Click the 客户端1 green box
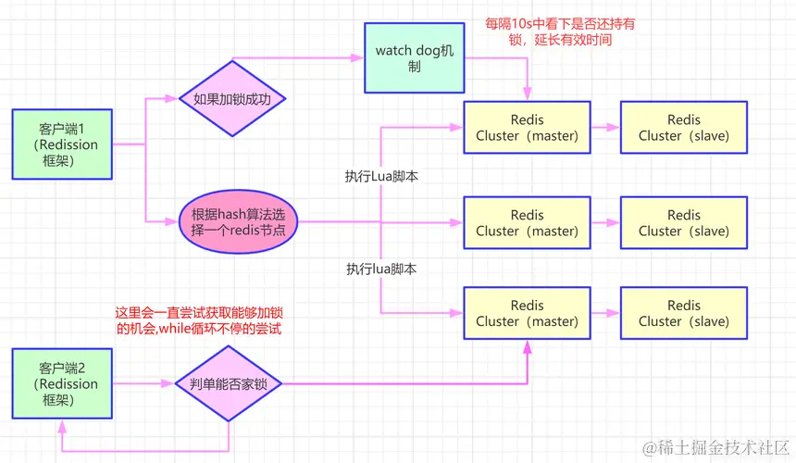click(63, 144)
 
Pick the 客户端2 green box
click(63, 383)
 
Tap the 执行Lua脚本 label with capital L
click(381, 176)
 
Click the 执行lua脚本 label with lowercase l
click(381, 269)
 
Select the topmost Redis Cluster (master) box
click(527, 128)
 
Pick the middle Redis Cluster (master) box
click(527, 223)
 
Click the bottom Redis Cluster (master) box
click(527, 313)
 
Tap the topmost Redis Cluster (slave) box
click(684, 128)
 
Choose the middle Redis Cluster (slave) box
click(684, 223)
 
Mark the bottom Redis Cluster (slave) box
click(684, 313)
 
